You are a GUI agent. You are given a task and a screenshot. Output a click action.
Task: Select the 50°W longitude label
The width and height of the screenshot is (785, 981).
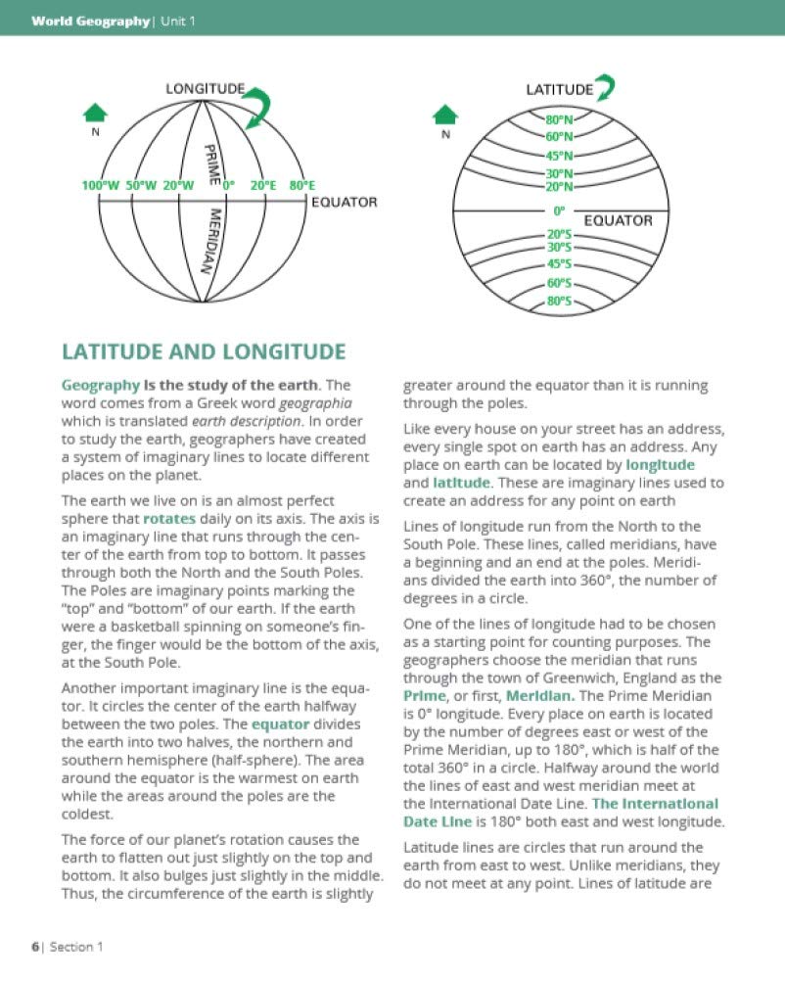[x=142, y=184]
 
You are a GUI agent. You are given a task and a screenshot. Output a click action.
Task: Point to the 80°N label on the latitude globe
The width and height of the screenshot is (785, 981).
[x=560, y=120]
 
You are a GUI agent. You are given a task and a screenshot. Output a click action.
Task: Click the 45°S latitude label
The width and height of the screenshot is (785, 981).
[x=560, y=264]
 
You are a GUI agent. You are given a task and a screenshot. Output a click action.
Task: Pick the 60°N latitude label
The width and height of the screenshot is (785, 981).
[x=560, y=136]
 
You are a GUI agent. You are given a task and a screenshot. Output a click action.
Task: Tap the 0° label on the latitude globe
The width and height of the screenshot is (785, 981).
[x=560, y=210]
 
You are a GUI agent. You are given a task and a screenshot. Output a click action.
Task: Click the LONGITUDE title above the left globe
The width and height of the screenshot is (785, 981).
[x=205, y=90]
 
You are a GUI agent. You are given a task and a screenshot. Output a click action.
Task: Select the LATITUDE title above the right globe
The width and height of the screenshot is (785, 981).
[x=559, y=89]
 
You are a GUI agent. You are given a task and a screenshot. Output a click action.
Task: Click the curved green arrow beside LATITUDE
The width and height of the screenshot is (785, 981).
[x=606, y=88]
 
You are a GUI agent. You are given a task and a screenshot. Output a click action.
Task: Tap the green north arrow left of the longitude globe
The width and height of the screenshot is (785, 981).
[x=95, y=112]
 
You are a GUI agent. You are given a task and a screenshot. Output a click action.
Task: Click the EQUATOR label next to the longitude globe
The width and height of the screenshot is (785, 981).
[x=344, y=203]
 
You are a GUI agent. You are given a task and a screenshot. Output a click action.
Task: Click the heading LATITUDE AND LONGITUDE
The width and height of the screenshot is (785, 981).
[x=203, y=351]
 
